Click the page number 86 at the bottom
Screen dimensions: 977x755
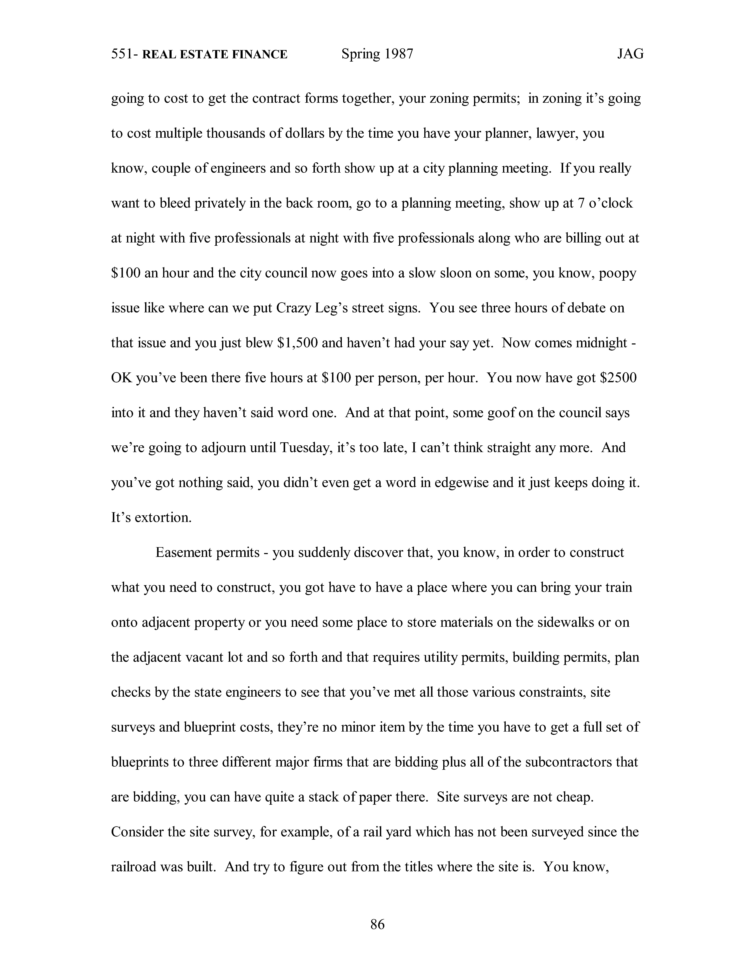(x=377, y=924)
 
